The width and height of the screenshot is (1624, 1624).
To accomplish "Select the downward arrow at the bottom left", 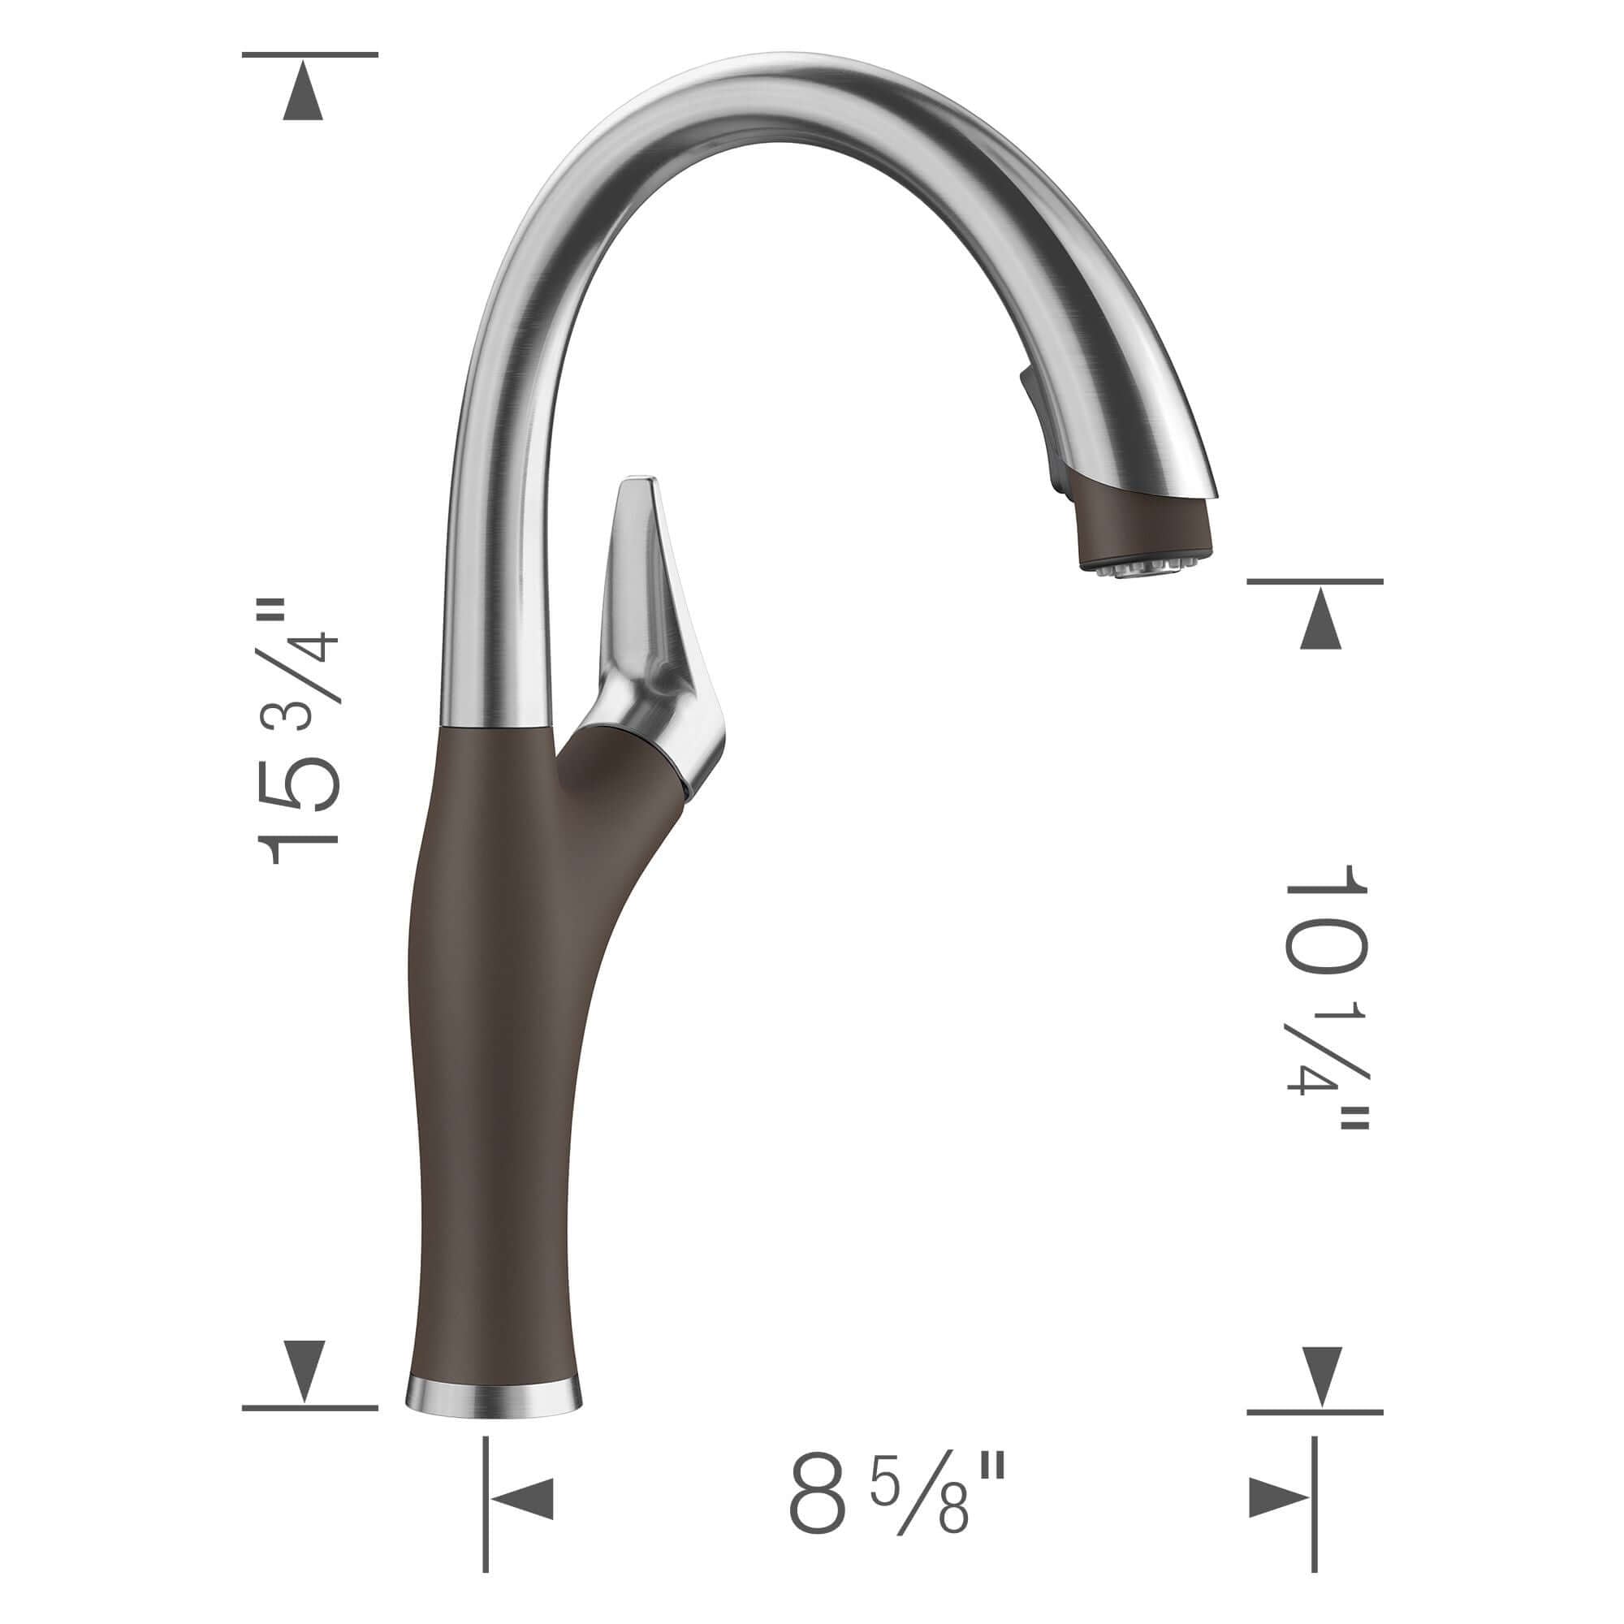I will coord(303,1370).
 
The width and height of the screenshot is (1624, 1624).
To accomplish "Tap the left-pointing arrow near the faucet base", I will coord(523,1498).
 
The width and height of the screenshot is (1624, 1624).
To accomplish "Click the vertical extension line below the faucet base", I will coord(486,1505).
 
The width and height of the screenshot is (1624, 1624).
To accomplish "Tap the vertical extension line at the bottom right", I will coord(1314,1505).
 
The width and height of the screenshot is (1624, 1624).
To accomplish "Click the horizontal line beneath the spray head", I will coord(1315,581).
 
